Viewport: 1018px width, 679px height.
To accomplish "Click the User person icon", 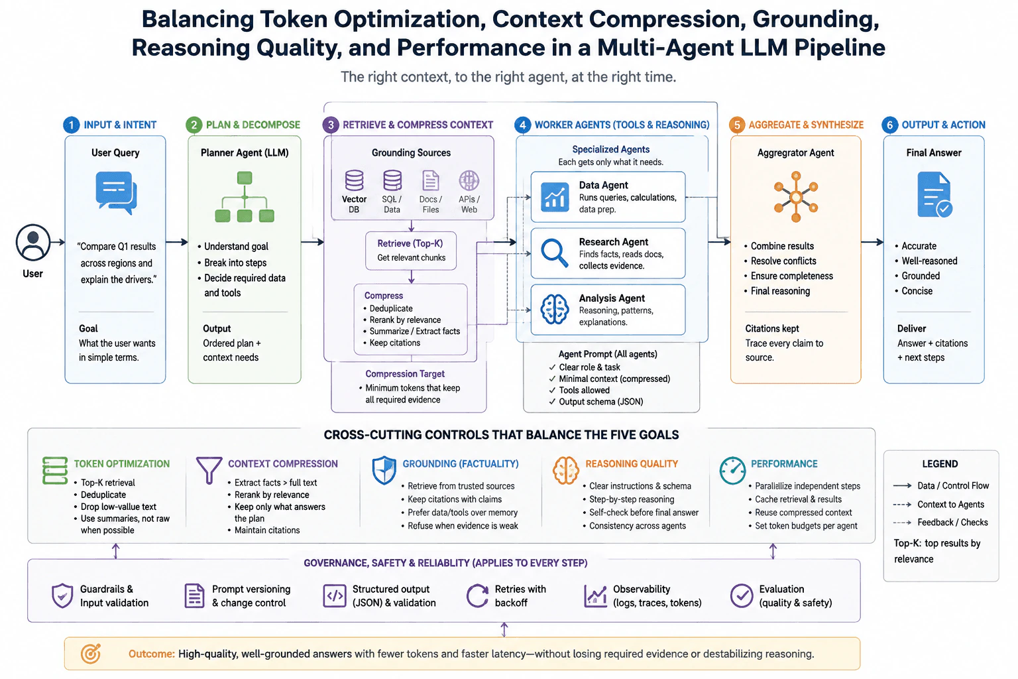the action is [32, 242].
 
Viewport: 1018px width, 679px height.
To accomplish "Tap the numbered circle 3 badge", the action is [331, 125].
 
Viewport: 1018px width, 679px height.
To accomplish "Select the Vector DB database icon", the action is [354, 180].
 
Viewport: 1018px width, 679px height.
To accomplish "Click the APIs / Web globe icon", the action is [469, 180].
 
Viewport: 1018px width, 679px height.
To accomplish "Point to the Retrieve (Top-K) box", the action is [411, 251].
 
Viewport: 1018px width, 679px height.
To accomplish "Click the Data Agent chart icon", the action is [555, 197].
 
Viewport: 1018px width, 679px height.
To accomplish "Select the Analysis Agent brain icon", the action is [555, 309].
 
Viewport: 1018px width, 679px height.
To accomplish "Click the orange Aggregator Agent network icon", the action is [796, 197].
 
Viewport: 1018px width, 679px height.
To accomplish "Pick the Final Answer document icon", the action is [934, 195].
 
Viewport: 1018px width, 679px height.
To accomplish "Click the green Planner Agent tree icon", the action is [245, 196].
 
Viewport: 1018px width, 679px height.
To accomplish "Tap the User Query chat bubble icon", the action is [116, 192].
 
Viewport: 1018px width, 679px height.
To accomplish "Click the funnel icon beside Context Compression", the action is [209, 470].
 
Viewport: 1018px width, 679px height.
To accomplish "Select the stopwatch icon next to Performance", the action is [732, 470].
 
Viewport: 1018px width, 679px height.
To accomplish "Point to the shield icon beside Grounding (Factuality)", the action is [384, 470].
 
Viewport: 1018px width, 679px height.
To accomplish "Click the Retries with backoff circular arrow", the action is [477, 595].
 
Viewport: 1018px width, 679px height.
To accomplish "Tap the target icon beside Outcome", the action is [90, 654].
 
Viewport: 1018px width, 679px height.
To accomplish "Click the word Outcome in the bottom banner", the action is [151, 654].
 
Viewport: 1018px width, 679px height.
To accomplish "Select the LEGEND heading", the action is [940, 464].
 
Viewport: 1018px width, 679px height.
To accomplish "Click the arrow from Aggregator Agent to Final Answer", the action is [872, 242].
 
